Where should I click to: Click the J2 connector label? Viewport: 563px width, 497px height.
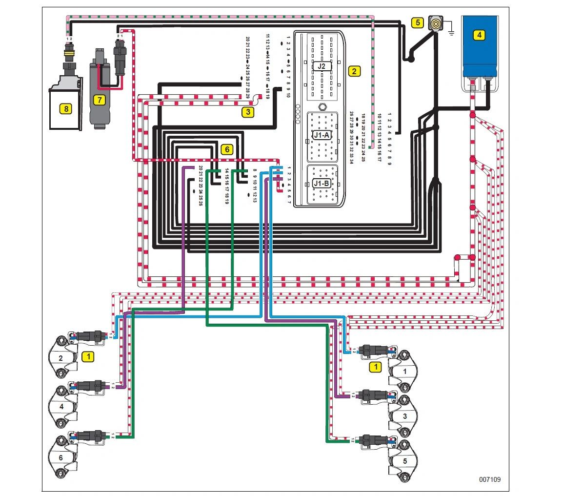click(x=322, y=66)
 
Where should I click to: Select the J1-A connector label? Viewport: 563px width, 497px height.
click(x=322, y=134)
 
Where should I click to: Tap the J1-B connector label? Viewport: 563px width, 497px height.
click(x=322, y=184)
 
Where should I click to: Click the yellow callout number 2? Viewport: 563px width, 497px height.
click(x=355, y=71)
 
